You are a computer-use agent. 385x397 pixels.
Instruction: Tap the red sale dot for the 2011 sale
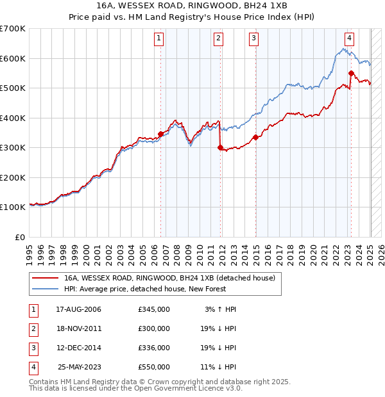[220, 147]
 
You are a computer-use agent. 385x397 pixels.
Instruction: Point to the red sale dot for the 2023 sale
[352, 73]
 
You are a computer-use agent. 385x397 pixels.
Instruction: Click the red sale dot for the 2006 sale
[160, 134]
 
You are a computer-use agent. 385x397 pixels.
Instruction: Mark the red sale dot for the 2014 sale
[255, 136]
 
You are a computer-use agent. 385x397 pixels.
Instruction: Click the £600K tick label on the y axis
[13, 58]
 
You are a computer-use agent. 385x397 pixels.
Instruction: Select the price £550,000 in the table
[154, 367]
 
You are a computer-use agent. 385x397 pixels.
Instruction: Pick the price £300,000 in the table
[154, 328]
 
